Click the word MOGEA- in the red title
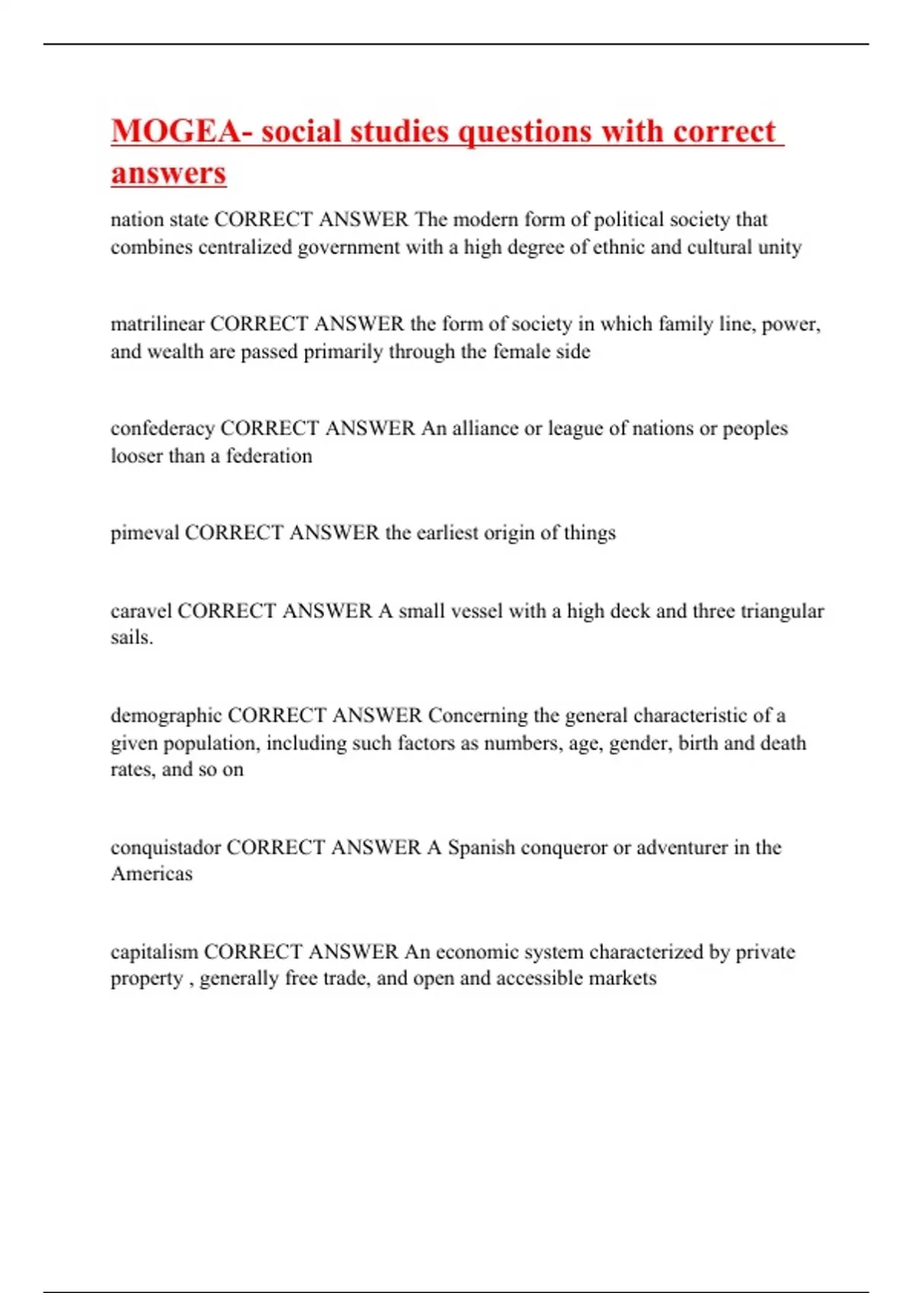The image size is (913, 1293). (182, 132)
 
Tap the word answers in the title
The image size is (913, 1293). (168, 173)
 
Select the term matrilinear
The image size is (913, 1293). (157, 324)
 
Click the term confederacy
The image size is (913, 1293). (162, 428)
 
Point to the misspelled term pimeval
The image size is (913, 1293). (145, 532)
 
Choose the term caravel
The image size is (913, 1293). (141, 611)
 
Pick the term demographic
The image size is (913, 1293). (166, 716)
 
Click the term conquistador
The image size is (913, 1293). (165, 847)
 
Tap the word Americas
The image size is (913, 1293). (151, 874)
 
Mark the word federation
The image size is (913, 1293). (269, 456)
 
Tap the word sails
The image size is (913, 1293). (131, 637)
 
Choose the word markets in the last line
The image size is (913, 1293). (622, 978)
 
